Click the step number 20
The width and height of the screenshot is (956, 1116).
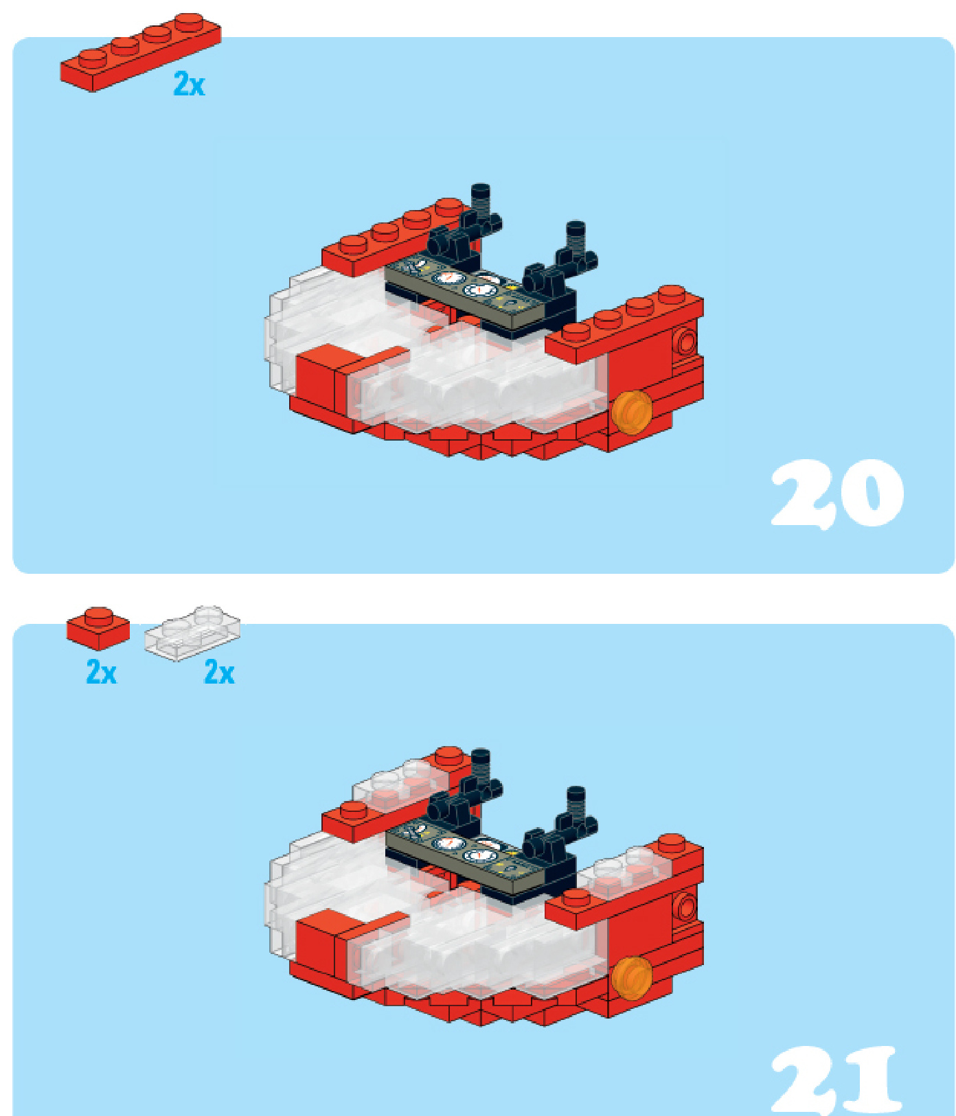tap(836, 493)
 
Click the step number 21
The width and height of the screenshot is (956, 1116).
tap(835, 1080)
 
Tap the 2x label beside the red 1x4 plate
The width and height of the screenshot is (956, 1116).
tap(189, 84)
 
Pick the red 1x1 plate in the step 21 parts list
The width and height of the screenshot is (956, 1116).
tap(98, 627)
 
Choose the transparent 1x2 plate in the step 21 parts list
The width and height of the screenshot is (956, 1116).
tap(192, 633)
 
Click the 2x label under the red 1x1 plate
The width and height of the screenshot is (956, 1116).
tap(101, 671)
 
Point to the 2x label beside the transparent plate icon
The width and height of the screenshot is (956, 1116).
tap(219, 671)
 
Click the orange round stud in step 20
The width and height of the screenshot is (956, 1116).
tap(632, 412)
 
